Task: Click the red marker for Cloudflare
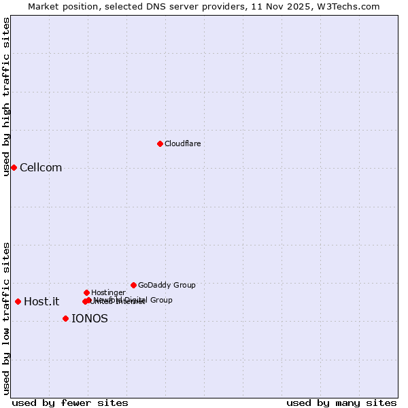tap(160, 143)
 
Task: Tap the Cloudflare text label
tap(182, 143)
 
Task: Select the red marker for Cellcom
tap(14, 167)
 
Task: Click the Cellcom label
tap(41, 168)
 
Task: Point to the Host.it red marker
tap(18, 301)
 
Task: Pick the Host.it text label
tap(41, 302)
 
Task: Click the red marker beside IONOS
tap(65, 318)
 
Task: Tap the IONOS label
tap(89, 319)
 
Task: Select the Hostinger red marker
tap(86, 292)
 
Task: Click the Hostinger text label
tap(108, 292)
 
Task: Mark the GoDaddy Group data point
tap(133, 285)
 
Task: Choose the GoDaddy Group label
tap(167, 285)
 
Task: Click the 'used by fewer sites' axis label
tap(70, 403)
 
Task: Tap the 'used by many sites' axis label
tap(341, 403)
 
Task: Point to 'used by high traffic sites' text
tap(7, 97)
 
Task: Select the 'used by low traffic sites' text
tap(7, 318)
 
